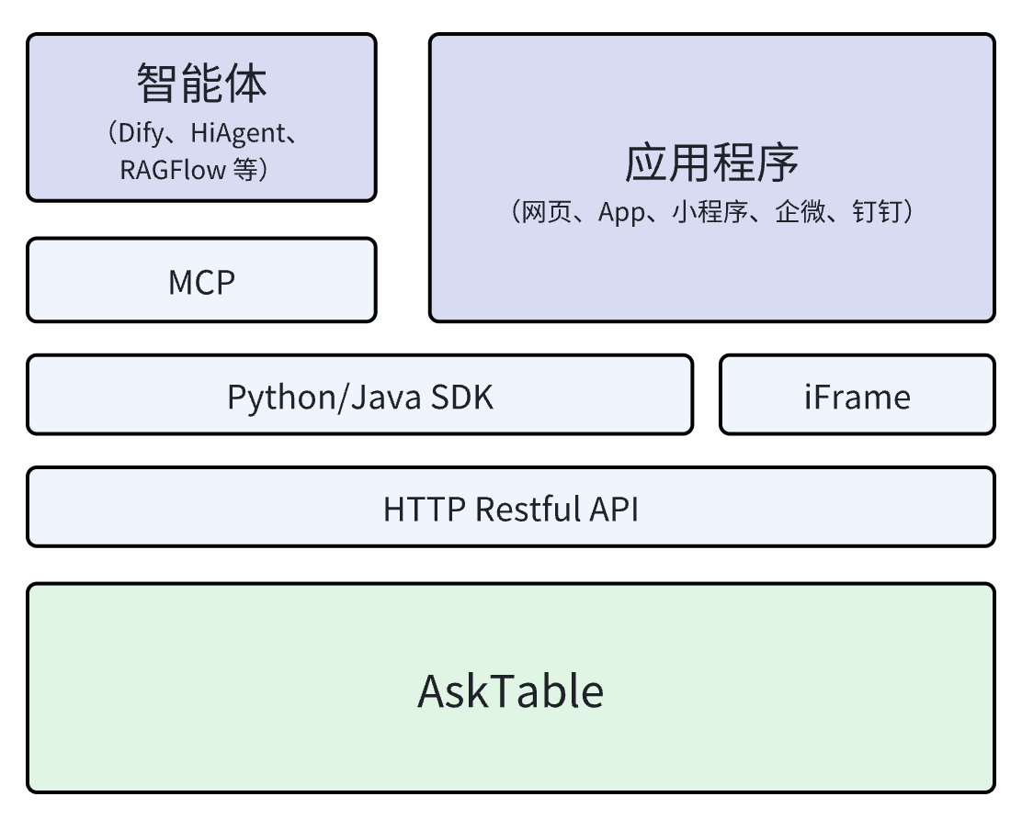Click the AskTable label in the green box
click(511, 690)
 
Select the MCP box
click(201, 282)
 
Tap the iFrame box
click(857, 397)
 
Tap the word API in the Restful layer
click(617, 509)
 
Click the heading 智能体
click(201, 84)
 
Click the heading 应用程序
click(711, 163)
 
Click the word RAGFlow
click(172, 169)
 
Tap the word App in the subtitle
click(624, 213)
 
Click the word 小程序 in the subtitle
click(712, 213)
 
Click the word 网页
click(543, 213)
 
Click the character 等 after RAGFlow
click(245, 169)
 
